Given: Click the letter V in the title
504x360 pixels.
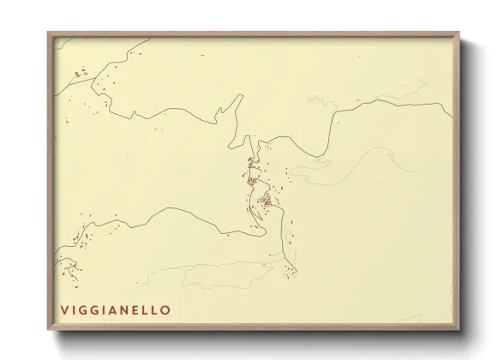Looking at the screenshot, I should (64, 309).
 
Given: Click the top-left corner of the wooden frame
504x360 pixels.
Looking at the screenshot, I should (49, 33).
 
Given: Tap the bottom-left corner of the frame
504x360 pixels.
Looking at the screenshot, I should (49, 330).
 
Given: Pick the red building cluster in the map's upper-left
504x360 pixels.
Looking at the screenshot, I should (80, 74).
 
